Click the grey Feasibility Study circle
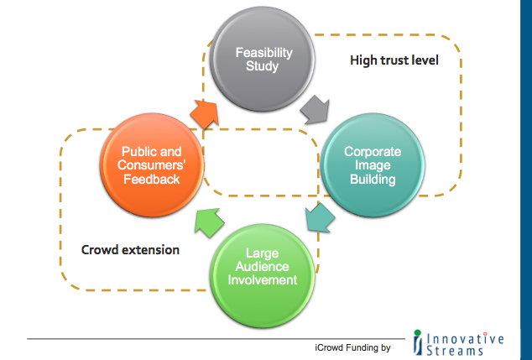tap(262, 59)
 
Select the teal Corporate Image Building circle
tap(373, 165)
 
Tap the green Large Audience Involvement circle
tap(263, 275)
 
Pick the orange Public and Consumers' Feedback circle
tap(152, 165)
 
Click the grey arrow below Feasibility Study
tap(316, 110)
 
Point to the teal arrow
tap(320, 217)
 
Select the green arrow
tap(209, 222)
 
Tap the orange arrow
tap(204, 114)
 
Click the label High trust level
tap(394, 60)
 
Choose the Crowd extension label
tap(130, 250)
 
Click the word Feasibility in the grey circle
tap(264, 53)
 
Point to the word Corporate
tap(373, 152)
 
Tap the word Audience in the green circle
tap(263, 267)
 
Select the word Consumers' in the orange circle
tap(151, 165)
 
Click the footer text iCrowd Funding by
tap(352, 347)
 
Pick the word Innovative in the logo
tap(465, 339)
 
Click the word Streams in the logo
tap(455, 351)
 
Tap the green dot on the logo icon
tap(418, 333)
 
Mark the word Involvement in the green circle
tap(263, 280)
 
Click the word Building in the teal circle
tap(373, 179)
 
